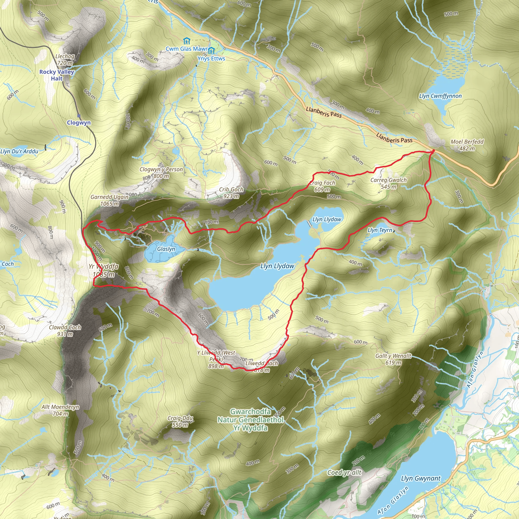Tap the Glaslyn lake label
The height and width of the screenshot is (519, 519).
click(166, 249)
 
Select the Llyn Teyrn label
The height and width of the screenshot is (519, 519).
click(380, 230)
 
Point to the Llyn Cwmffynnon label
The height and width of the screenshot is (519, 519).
click(440, 96)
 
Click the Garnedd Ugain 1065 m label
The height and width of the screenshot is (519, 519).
click(109, 200)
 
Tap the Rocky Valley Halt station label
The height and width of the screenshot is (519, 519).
click(57, 75)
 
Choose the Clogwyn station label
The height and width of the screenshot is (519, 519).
click(79, 122)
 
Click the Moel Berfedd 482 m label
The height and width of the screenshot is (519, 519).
click(467, 145)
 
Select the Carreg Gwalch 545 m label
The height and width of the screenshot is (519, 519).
click(388, 183)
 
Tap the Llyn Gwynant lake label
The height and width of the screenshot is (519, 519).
click(421, 478)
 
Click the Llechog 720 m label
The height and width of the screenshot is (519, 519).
click(65, 60)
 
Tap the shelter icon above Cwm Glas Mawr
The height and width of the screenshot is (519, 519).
click(187, 41)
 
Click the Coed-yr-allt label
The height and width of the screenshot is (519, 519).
click(344, 473)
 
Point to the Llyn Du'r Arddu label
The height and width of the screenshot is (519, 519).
click(19, 151)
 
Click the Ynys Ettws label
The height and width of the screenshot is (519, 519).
click(211, 58)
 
